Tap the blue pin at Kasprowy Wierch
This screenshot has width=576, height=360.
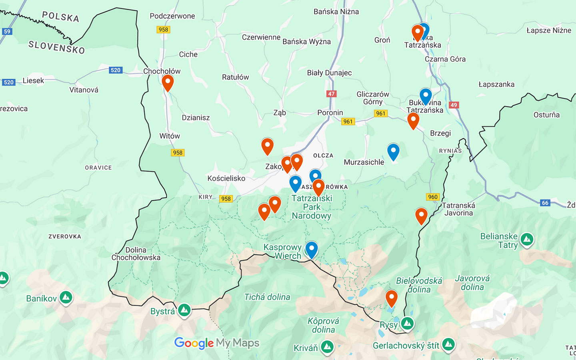311,249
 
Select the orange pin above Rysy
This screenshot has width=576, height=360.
391,298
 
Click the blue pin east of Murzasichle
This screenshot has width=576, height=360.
393,151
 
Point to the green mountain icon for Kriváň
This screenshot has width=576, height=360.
327,347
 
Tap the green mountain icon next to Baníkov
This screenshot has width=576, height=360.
66,298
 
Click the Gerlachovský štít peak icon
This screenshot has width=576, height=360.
448,344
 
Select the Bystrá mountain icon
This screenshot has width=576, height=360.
184,310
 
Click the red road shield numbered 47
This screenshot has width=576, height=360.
331,94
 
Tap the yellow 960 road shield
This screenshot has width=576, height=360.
433,197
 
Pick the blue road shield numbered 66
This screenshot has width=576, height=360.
545,203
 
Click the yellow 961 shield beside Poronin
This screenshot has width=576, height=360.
348,122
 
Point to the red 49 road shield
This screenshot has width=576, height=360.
453,105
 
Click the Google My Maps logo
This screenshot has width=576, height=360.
216,343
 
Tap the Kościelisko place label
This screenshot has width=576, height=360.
226,178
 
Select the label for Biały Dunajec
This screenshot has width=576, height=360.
329,73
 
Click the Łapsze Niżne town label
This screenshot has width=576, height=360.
548,30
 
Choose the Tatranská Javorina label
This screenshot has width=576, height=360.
458,209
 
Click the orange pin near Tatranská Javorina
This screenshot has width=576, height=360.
421,215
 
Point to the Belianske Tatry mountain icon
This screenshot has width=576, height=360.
527,240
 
